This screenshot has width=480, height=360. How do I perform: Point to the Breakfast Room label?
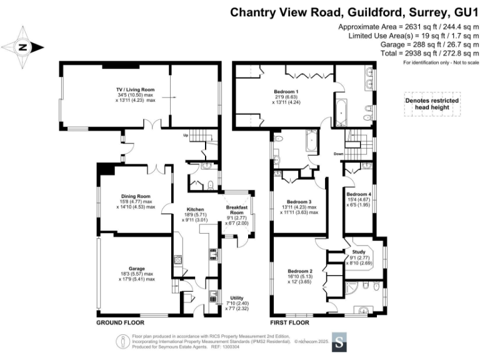pos(239,211)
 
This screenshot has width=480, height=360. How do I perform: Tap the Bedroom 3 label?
pos(301,202)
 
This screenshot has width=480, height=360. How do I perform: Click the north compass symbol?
pos(22,47)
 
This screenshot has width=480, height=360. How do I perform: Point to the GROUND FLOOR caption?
pos(120,323)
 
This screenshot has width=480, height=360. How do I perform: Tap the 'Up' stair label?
pos(185,134)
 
